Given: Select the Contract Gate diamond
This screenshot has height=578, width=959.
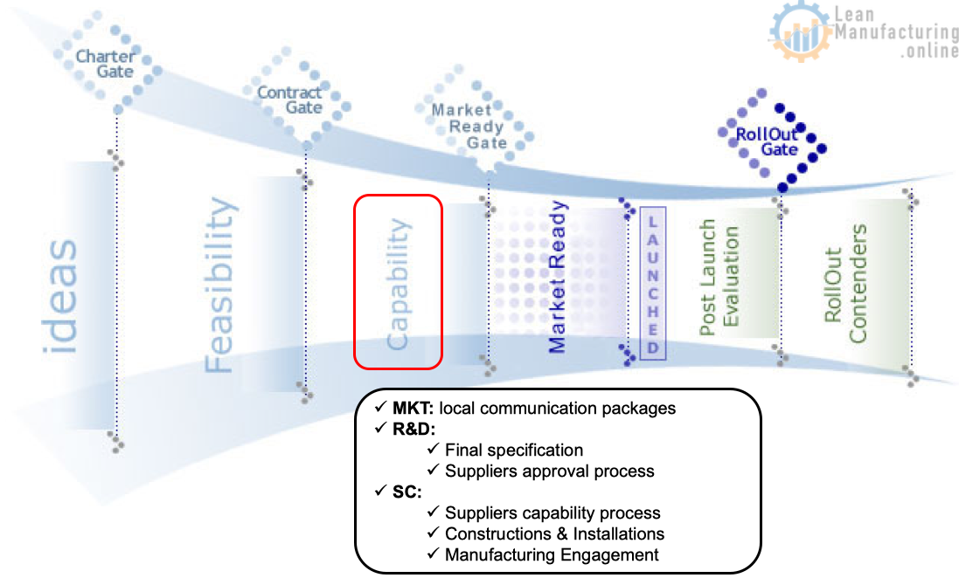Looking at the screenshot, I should [x=290, y=100].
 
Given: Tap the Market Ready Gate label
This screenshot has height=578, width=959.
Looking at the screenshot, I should [x=468, y=127].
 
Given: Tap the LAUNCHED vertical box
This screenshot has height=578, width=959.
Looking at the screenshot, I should [x=652, y=283].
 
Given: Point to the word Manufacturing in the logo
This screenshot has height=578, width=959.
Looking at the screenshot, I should [x=896, y=32].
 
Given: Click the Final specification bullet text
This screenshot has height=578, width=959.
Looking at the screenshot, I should [x=514, y=451].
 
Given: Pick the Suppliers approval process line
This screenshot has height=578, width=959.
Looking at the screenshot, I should [x=549, y=471].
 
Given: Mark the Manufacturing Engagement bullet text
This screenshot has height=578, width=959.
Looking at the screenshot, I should [x=552, y=554].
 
